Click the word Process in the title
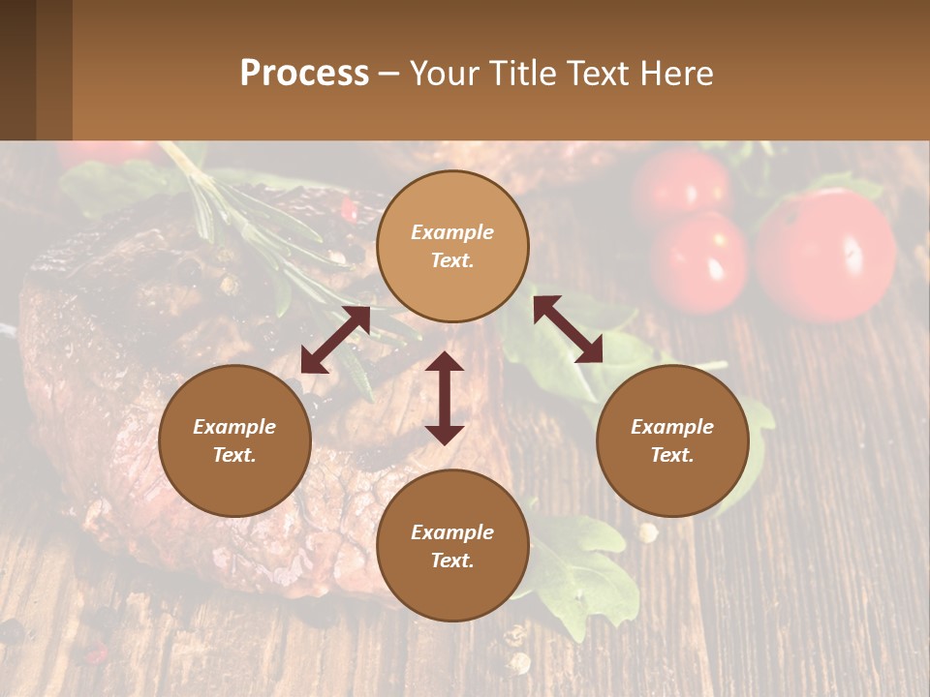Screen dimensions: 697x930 point(304,74)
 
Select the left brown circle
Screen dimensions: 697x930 point(234,440)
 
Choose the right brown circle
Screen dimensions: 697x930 point(672,440)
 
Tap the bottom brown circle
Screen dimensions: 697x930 point(452,545)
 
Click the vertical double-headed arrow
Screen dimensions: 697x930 point(445,398)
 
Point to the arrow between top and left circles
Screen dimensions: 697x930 point(334,340)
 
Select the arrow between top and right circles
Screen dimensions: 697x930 point(568,329)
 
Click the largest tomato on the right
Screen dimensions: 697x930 point(825,254)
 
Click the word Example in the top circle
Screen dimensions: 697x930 point(452,232)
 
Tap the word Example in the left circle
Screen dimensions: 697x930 point(234,427)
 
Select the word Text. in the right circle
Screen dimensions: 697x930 point(672,455)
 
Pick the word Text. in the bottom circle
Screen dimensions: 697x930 point(452,561)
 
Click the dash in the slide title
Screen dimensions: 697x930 point(388,75)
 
